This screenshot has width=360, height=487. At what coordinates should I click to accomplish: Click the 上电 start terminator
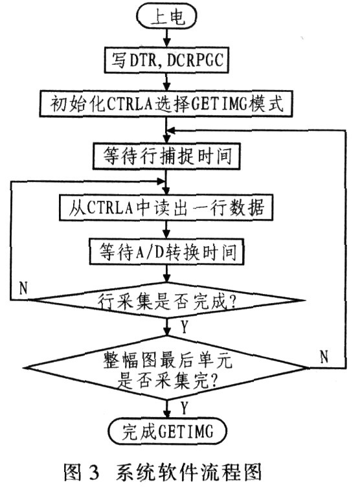167,16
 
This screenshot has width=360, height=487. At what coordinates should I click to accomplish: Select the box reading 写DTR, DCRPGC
166,60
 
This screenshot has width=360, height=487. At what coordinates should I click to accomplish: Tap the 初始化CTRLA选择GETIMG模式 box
166,104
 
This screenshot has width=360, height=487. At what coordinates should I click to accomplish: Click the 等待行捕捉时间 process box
166,156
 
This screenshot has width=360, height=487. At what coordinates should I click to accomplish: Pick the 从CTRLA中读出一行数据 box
166,207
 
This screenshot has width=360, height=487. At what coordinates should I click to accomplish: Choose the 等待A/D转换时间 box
166,251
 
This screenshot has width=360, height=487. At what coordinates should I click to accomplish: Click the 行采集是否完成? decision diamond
167,300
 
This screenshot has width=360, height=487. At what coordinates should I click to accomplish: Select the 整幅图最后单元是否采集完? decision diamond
167,368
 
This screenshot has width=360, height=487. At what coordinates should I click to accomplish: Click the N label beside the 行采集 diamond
23,288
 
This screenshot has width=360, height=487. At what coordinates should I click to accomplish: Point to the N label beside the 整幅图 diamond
324,356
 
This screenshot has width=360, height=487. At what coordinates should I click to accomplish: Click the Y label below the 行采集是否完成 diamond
185,327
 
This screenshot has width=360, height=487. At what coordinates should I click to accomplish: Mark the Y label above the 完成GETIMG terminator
185,408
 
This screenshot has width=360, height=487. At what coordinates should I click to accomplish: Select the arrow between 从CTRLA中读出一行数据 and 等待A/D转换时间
167,229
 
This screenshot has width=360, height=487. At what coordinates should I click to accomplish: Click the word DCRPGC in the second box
195,60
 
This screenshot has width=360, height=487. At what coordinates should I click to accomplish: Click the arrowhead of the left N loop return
162,181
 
